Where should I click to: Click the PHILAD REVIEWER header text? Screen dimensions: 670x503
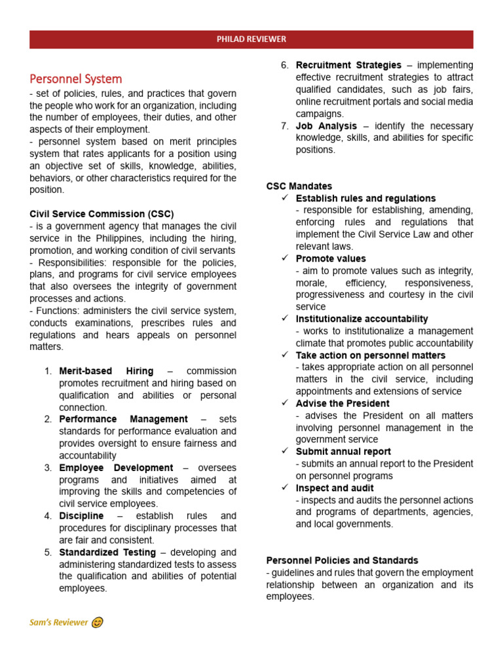point(251,39)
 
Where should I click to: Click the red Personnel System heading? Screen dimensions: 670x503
point(76,79)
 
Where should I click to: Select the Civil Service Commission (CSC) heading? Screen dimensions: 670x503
point(102,214)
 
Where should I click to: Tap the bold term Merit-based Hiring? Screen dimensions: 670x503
point(106,371)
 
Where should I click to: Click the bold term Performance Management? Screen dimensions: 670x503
point(123,419)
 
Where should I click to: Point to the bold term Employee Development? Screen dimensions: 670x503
point(116,468)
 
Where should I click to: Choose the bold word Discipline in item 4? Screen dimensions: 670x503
point(81,516)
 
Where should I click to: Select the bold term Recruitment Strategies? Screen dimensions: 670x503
point(348,65)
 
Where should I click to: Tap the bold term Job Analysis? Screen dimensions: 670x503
point(326,126)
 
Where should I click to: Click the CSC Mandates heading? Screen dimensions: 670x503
point(299,186)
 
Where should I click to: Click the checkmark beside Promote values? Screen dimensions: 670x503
point(284,259)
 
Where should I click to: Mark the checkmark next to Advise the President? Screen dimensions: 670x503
point(284,404)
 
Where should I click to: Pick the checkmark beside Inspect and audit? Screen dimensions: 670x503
point(284,488)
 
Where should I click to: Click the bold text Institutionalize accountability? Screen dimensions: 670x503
point(362,319)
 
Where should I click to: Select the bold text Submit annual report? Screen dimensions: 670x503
point(343,451)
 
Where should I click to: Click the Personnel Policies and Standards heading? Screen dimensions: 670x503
point(342,561)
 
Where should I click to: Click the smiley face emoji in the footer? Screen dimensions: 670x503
point(97,622)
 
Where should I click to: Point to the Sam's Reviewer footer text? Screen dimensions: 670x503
point(58,622)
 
